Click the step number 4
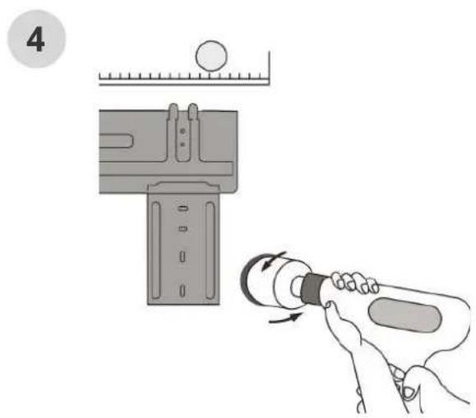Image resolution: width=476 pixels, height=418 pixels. pyautogui.click(x=35, y=39)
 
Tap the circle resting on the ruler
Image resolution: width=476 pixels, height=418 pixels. pyautogui.click(x=211, y=56)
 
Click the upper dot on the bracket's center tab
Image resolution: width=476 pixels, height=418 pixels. pyautogui.click(x=183, y=131)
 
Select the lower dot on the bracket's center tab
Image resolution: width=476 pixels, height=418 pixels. pyautogui.click(x=183, y=145)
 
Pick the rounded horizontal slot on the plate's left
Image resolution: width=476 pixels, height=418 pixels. pyautogui.click(x=116, y=140)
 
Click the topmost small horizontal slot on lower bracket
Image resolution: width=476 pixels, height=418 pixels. pyautogui.click(x=183, y=209)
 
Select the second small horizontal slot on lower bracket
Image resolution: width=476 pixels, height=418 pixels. pyautogui.click(x=183, y=229)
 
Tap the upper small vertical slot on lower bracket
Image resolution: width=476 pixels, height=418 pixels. pyautogui.click(x=183, y=256)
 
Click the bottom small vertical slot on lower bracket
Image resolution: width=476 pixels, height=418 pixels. pyautogui.click(x=183, y=291)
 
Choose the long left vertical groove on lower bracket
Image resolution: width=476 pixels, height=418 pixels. pyautogui.click(x=155, y=250)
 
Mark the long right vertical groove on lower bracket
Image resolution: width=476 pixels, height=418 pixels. pyautogui.click(x=210, y=250)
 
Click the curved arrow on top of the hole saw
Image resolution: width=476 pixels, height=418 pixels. pyautogui.click(x=272, y=260)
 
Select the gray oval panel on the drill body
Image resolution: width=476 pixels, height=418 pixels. pyautogui.click(x=404, y=315)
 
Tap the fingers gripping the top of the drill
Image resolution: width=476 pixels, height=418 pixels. pyautogui.click(x=354, y=282)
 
